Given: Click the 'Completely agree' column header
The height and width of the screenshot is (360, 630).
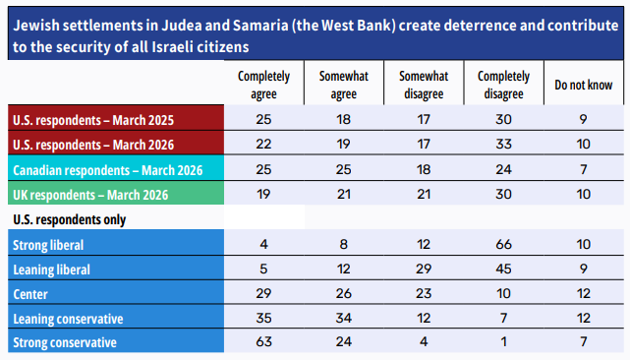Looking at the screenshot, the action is [x=263, y=85].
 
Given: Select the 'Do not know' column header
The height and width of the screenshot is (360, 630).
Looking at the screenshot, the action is [x=584, y=85].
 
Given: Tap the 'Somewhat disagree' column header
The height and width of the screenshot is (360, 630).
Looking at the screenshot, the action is [x=424, y=85].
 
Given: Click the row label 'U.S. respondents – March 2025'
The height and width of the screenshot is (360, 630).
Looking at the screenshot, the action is [x=93, y=120].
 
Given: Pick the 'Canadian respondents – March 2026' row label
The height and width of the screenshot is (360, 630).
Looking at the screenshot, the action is [x=108, y=170].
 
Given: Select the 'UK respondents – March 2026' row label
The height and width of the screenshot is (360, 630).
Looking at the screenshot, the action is [x=90, y=195].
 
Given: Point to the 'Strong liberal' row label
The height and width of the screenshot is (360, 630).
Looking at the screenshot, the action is [x=48, y=245].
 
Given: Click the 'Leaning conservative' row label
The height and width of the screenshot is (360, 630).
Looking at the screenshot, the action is [x=68, y=319].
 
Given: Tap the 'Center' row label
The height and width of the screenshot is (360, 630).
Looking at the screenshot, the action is [x=30, y=294].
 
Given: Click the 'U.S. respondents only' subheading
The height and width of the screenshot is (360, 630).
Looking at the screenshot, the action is [x=69, y=219].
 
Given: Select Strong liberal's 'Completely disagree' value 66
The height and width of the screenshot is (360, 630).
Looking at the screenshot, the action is [x=503, y=244].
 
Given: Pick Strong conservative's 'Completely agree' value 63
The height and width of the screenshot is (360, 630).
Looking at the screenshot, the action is [x=263, y=341].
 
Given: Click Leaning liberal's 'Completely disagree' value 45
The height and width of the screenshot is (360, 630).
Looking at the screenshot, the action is [x=503, y=269].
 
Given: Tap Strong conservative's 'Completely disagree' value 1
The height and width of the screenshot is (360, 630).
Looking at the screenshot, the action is [x=503, y=341].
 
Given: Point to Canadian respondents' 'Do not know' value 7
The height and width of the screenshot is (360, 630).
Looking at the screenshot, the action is [x=584, y=169].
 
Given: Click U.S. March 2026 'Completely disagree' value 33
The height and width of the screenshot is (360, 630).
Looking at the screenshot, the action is [x=503, y=144].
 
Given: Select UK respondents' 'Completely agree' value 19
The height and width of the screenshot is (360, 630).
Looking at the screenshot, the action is [x=263, y=194].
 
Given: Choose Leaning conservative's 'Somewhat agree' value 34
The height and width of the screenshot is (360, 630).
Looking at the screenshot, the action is [x=344, y=318].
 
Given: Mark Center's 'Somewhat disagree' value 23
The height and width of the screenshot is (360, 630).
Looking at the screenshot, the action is [x=424, y=293].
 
